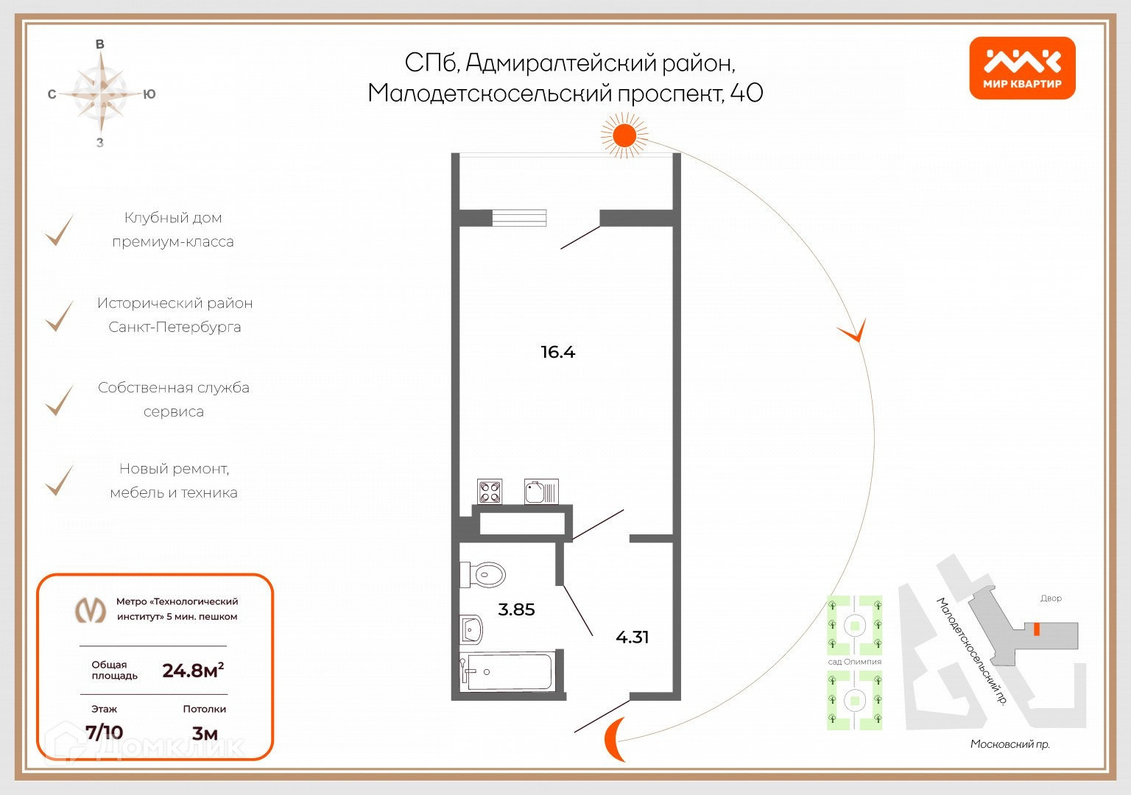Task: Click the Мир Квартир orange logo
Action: pos(1022,68)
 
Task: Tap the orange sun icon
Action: pos(624,136)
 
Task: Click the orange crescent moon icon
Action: pos(615,738)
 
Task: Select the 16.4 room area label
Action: pos(557,352)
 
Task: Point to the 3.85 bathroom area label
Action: pos(516,609)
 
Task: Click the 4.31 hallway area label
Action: pos(632,637)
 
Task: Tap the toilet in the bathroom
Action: pos(484,575)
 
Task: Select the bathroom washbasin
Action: pos(471,629)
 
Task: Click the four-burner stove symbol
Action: pos(490,491)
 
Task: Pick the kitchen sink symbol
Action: pos(541,491)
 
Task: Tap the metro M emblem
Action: pos(90,609)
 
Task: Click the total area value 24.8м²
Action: pos(193,671)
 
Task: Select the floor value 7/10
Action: pos(104,732)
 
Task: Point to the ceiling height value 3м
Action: pos(205,733)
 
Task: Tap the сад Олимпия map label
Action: pos(854,662)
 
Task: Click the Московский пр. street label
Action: pos(1010,744)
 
